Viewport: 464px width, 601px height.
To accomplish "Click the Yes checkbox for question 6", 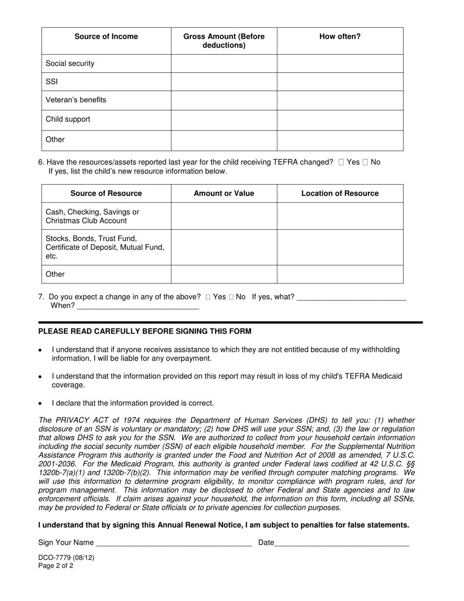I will pyautogui.click(x=341, y=162).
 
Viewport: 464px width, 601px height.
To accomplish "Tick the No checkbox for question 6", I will pyautogui.click(x=365, y=162).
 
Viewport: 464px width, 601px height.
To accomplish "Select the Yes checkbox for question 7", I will pyautogui.click(x=208, y=297).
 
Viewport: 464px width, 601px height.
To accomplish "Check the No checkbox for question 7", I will pyautogui.click(x=231, y=297).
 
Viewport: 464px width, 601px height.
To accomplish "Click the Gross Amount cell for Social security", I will pyautogui.click(x=224, y=64).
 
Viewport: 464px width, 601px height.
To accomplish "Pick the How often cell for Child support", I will pyautogui.click(x=340, y=120).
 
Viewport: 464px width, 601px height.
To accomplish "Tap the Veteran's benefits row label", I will pyautogui.click(x=76, y=100).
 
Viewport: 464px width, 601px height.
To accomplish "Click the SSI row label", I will pyautogui.click(x=52, y=82).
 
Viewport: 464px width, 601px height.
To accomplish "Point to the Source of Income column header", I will pyautogui.click(x=106, y=37).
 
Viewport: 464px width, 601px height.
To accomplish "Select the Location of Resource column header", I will pyautogui.click(x=340, y=193).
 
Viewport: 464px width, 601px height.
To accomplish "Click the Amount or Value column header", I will pyautogui.click(x=224, y=193).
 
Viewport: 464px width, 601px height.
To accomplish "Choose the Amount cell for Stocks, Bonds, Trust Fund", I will pyautogui.click(x=224, y=247).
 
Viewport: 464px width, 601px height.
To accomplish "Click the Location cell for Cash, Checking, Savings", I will pyautogui.click(x=340, y=216).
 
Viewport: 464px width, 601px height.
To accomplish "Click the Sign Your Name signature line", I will pyautogui.click(x=174, y=542).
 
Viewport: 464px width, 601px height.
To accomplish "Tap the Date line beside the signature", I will pyautogui.click(x=342, y=542).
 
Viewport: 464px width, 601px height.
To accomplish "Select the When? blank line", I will pyautogui.click(x=138, y=306).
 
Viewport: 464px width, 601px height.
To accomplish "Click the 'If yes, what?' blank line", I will pyautogui.click(x=351, y=297).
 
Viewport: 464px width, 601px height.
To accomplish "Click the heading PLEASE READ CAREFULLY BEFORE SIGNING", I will pyautogui.click(x=145, y=331).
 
